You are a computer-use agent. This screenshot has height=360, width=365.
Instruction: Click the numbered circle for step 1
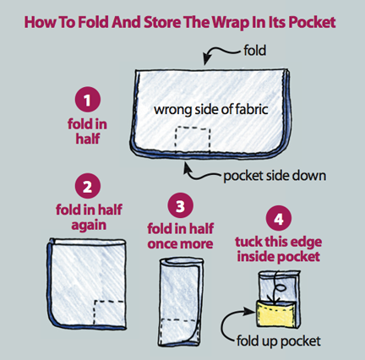point(88,100)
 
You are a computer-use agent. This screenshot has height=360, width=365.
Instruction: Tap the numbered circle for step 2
point(88,186)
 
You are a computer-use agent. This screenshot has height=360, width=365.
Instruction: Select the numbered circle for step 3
point(180,205)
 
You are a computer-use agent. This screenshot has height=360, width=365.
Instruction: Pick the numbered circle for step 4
point(278,218)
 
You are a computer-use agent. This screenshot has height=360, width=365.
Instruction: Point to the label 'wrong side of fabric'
point(211,109)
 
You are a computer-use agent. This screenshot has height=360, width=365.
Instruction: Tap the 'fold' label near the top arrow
point(254,51)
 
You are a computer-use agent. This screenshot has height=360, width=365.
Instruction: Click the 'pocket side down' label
point(275,176)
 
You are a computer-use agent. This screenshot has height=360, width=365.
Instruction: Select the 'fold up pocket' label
point(278,341)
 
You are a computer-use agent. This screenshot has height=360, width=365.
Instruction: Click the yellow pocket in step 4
point(275,314)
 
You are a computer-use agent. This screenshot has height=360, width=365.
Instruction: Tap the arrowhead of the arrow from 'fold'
point(207,60)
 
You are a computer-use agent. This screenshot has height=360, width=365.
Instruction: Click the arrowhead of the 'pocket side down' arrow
point(186,168)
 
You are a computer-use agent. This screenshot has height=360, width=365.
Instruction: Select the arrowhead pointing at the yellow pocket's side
point(250,311)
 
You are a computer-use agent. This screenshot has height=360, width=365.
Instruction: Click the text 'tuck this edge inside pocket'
point(278,249)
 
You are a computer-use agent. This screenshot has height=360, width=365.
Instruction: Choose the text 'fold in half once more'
point(180,236)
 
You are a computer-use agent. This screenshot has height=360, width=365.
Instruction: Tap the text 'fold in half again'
point(89,217)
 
